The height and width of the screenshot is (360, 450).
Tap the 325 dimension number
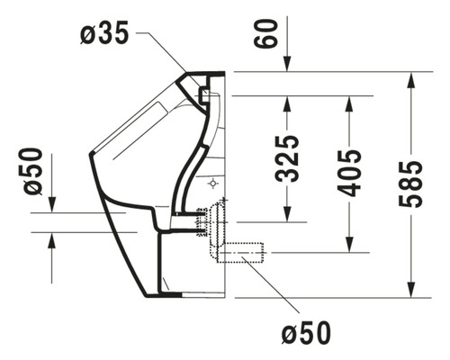pyautogui.click(x=288, y=157)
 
